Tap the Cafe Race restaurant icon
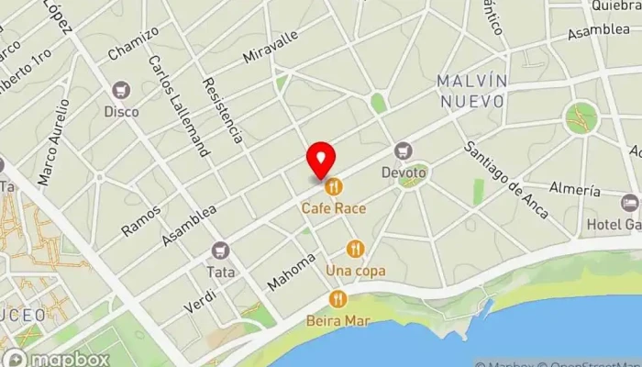[x=334, y=187]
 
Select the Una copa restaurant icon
[x=356, y=249]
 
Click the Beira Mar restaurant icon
[x=338, y=299]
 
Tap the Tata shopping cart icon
[x=220, y=250]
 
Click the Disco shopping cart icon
[x=121, y=91]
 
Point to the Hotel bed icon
[x=629, y=203]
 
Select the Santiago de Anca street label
[x=505, y=181]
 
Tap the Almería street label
[x=574, y=190]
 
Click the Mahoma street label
[x=291, y=272]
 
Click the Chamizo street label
[x=132, y=41]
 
